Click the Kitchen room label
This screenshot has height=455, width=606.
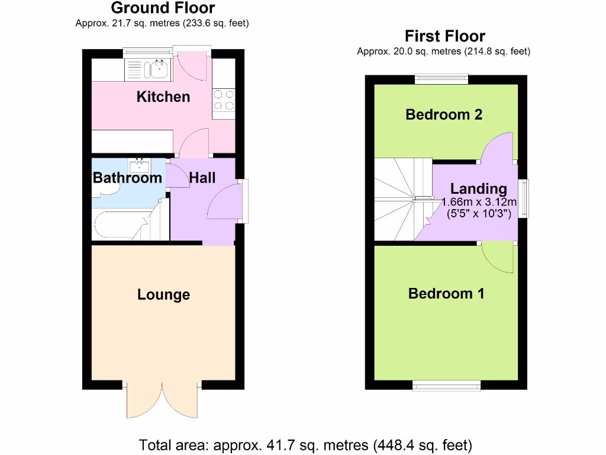point(163,97)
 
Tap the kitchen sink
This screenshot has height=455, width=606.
point(159,70)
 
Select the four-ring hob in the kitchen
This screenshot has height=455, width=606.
point(224,100)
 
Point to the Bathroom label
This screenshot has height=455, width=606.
point(127,178)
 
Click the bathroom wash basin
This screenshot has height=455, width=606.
point(140,165)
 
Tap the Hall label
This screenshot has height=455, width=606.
point(202,178)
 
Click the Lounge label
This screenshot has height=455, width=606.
point(163,294)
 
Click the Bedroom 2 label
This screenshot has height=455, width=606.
point(444,114)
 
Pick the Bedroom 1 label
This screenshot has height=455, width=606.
point(446,293)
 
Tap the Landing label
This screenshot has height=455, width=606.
point(478,189)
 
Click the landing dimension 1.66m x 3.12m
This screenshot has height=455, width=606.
point(479,202)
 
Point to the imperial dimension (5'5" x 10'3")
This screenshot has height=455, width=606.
point(479,214)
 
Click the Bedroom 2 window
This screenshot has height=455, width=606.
point(441,78)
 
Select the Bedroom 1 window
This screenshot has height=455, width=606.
point(447,386)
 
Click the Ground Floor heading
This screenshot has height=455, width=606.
point(163,8)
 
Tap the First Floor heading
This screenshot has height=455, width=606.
point(444,36)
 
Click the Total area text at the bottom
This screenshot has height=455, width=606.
point(305,444)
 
